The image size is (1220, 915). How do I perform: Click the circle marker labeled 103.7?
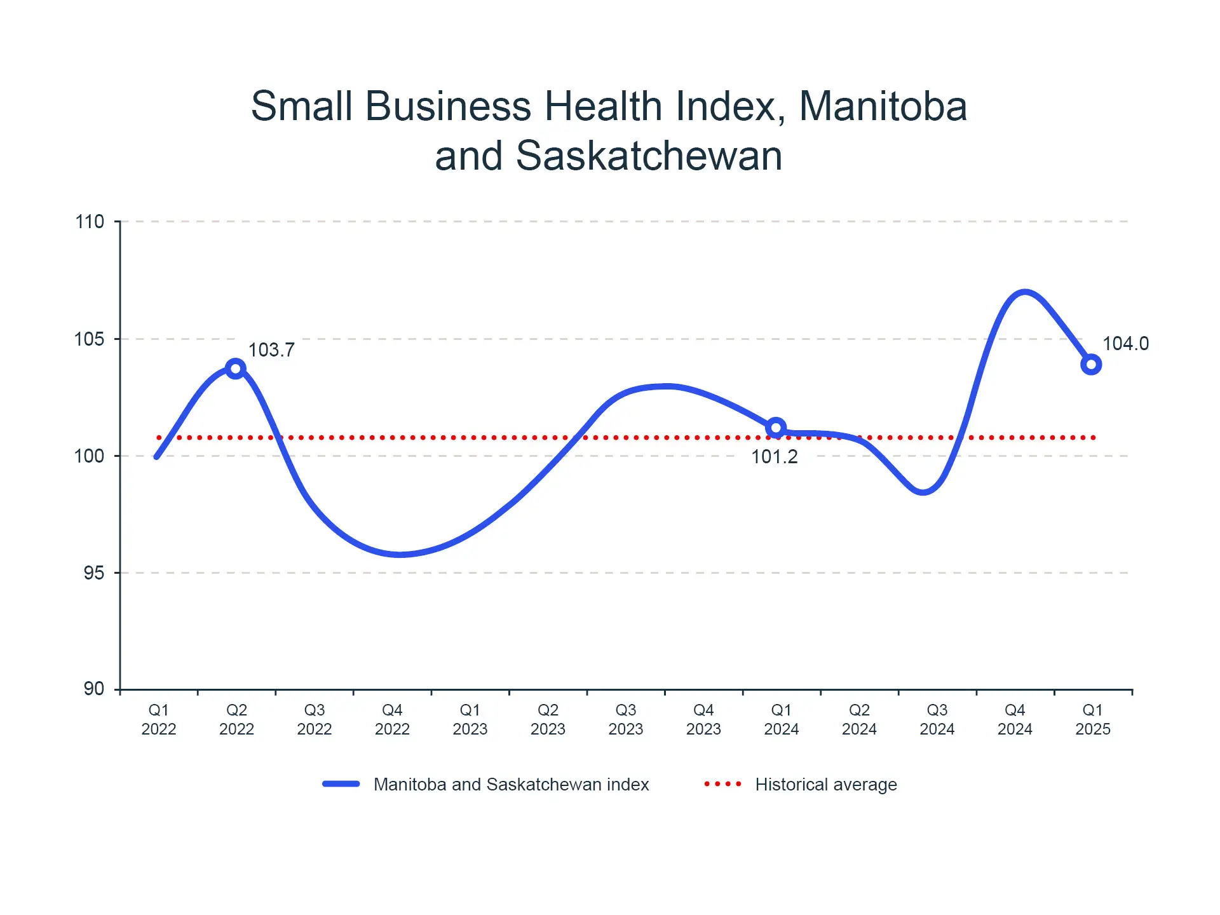[236, 369]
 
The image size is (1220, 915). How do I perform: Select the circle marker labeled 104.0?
[1091, 365]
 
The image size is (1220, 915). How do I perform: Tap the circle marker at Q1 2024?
[776, 428]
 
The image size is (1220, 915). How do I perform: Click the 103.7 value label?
[271, 350]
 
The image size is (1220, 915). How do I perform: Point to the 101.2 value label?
[774, 457]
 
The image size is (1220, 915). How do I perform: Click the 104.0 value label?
[1125, 344]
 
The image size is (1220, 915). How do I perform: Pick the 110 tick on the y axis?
[90, 222]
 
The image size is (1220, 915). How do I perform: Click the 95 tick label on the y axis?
[93, 573]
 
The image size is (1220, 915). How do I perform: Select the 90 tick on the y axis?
[93, 689]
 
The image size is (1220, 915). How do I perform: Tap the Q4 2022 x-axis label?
[392, 719]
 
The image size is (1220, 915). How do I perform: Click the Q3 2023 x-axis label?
[626, 719]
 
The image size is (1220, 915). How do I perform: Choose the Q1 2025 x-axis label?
[1093, 719]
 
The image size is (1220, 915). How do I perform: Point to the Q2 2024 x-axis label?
[859, 719]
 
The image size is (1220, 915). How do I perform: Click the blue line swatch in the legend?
[341, 784]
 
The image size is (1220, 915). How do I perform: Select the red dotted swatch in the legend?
[722, 784]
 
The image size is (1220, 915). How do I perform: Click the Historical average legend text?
[826, 785]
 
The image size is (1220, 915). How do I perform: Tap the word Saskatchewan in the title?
[648, 156]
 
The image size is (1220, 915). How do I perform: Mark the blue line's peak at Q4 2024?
[1024, 293]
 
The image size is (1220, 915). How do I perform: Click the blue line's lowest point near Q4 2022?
[398, 554]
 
